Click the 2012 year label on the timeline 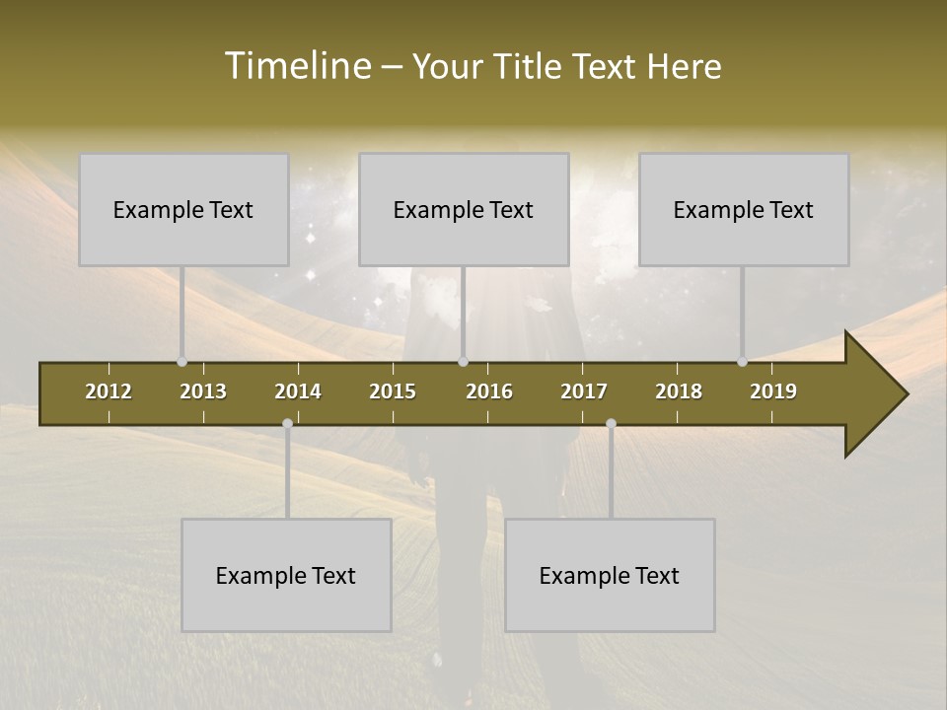109,391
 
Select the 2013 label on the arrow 203,391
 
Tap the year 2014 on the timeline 298,391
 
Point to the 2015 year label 393,391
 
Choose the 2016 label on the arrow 489,391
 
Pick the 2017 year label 584,391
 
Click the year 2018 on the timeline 679,391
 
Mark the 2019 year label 773,391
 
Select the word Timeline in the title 296,66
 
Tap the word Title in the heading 531,66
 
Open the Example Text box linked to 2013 183,209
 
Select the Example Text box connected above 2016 464,209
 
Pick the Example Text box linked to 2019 744,209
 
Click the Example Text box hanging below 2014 286,575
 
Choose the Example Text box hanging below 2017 610,575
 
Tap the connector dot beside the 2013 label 182,362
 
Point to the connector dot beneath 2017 611,423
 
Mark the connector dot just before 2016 464,362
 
